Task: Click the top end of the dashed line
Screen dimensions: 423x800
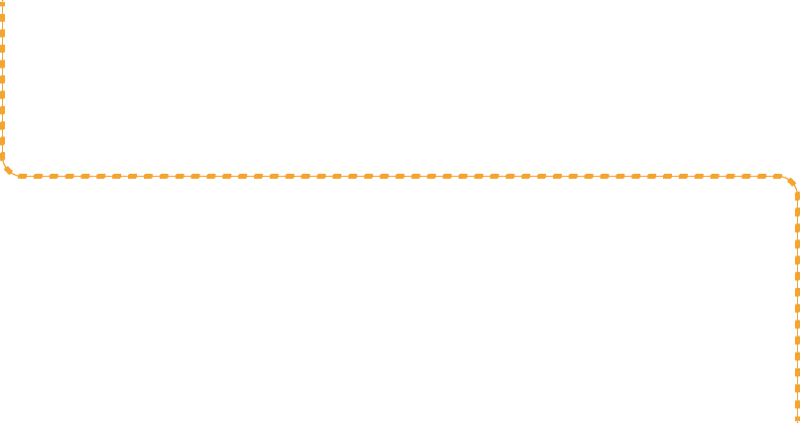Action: coord(2,1)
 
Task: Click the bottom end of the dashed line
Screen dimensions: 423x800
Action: coord(797,421)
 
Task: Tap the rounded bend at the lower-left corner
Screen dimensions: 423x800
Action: coord(8,171)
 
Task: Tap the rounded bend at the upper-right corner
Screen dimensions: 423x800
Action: coord(791,182)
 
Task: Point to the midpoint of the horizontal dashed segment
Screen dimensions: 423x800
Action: coord(400,177)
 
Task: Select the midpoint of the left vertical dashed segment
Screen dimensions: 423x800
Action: coord(2,79)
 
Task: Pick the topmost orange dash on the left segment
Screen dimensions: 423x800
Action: coord(2,3)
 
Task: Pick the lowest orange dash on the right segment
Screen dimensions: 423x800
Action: coord(797,418)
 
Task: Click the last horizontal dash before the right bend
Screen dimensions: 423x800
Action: coord(775,177)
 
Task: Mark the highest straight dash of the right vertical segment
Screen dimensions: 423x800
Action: coord(797,199)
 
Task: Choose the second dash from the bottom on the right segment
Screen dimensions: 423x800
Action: coord(797,406)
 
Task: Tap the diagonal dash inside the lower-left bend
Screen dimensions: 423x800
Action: coord(8,171)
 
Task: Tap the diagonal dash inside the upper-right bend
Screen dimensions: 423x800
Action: coord(791,182)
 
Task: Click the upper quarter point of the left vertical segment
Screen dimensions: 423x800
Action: coord(2,40)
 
